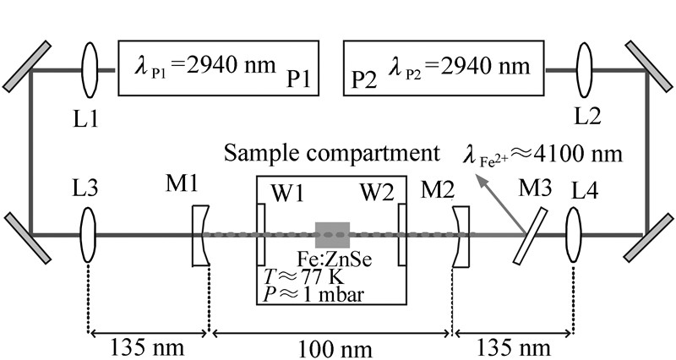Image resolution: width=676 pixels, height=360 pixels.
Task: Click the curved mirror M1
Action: coord(199,235)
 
